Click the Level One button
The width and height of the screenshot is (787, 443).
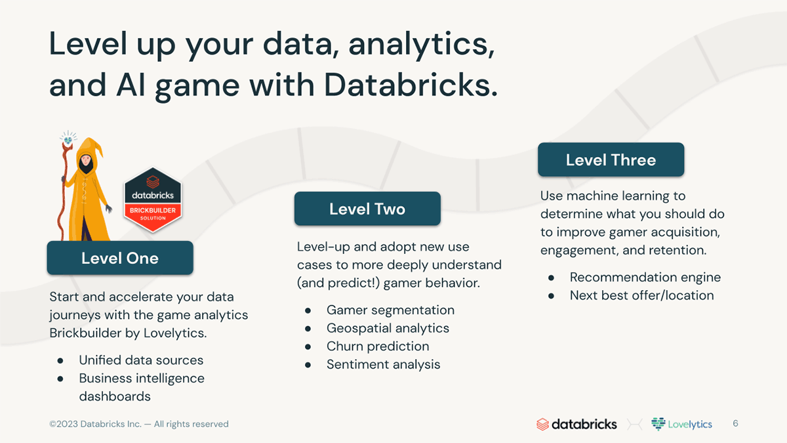tap(120, 258)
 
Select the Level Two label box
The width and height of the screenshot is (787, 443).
tap(367, 209)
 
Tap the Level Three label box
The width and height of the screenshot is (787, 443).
tap(611, 159)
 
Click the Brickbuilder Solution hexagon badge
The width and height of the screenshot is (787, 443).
tap(153, 200)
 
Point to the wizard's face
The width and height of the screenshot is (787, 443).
tap(86, 161)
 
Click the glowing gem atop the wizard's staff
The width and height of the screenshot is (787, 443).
tap(68, 140)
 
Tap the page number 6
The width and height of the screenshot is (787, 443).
tap(735, 423)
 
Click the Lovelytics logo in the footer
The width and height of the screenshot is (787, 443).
tap(681, 424)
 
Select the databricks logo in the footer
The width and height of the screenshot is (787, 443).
tap(576, 424)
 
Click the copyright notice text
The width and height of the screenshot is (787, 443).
tap(139, 424)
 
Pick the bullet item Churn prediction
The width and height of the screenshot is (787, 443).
tap(378, 347)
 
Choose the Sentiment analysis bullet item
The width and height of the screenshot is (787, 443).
tap(383, 365)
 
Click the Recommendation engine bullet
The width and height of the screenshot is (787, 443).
tap(645, 278)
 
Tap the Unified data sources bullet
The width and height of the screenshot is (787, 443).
tap(141, 360)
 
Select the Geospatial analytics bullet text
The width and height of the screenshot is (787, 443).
tap(388, 328)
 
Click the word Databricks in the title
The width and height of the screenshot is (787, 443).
tap(411, 85)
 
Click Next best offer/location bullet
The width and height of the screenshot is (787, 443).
tap(641, 296)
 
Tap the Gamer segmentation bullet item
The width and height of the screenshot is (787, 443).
tap(390, 310)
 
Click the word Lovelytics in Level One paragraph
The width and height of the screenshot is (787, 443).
tap(174, 333)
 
